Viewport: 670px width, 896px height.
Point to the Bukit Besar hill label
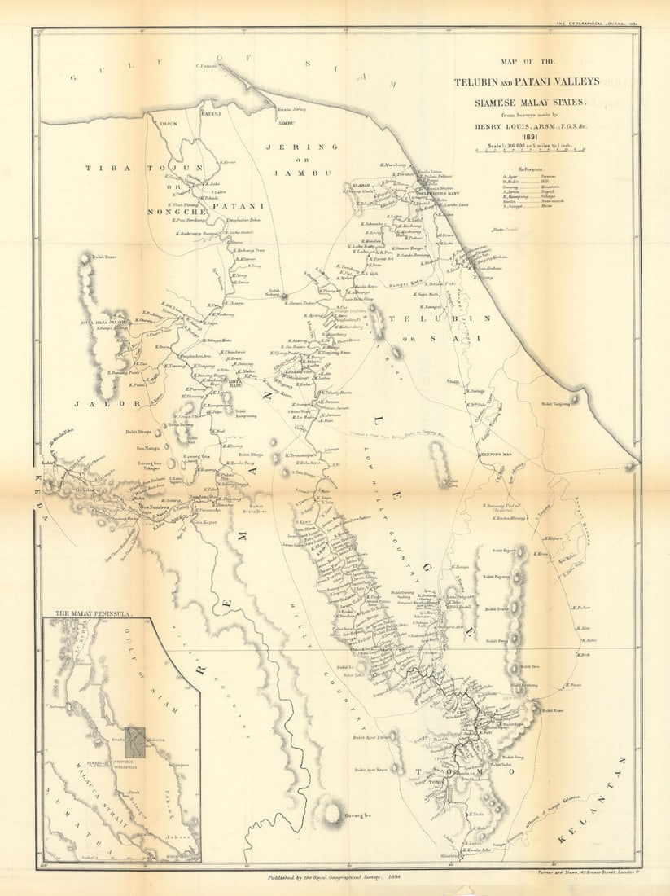104,257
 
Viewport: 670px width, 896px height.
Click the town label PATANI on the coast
212,115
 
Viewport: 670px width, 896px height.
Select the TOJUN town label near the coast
168,124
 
